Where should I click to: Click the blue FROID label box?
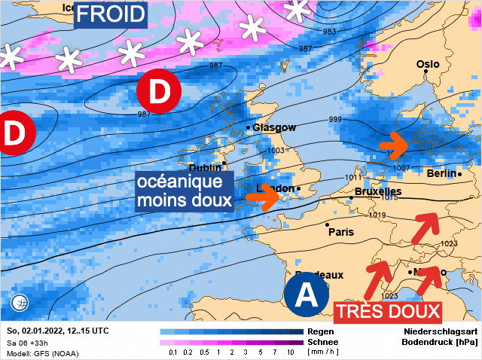pyautogui.click(x=111, y=14)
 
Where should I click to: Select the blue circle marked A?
pyautogui.click(x=307, y=294)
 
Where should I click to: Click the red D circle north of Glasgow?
pyautogui.click(x=159, y=91)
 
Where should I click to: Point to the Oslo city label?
pyautogui.click(x=428, y=64)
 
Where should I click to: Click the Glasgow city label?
pyautogui.click(x=274, y=127)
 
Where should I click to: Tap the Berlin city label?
pyautogui.click(x=441, y=173)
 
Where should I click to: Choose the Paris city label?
pyautogui.click(x=340, y=232)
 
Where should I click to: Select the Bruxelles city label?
pyautogui.click(x=377, y=192)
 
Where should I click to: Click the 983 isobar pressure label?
pyautogui.click(x=328, y=32)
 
